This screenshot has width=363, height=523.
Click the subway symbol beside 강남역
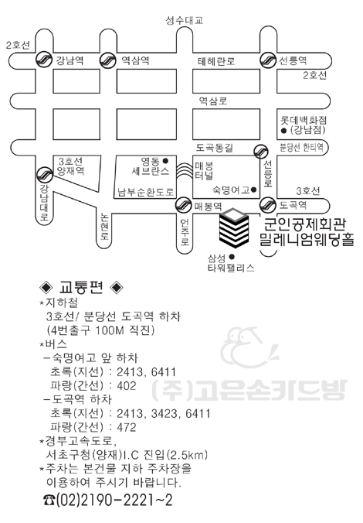tap(44, 60)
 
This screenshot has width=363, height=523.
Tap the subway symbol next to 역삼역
tap(108, 60)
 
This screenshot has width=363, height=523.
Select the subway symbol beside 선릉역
tap(269, 60)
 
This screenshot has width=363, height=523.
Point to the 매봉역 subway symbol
tap(184, 205)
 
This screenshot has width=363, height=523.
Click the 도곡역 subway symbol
tap(268, 205)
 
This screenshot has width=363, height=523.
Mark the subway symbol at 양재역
tap(44, 174)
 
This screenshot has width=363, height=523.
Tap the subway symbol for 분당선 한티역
tap(261, 152)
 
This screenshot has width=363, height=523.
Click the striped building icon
tap(234, 227)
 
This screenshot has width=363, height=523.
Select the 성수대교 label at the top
tap(185, 21)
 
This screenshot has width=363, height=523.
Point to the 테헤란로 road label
tap(216, 61)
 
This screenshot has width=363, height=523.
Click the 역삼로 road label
tap(213, 101)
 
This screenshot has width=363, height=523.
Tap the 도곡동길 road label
tap(215, 148)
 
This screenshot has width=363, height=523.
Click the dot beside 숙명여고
tap(253, 190)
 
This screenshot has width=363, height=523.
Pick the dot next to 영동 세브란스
tap(165, 161)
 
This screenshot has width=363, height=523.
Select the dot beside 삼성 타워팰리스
tap(232, 257)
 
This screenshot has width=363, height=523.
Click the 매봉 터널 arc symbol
tap(185, 171)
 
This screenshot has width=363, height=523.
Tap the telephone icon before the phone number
tap(49, 501)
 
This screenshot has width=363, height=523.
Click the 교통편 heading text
tap(81, 287)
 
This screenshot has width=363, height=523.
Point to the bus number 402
tap(127, 386)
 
